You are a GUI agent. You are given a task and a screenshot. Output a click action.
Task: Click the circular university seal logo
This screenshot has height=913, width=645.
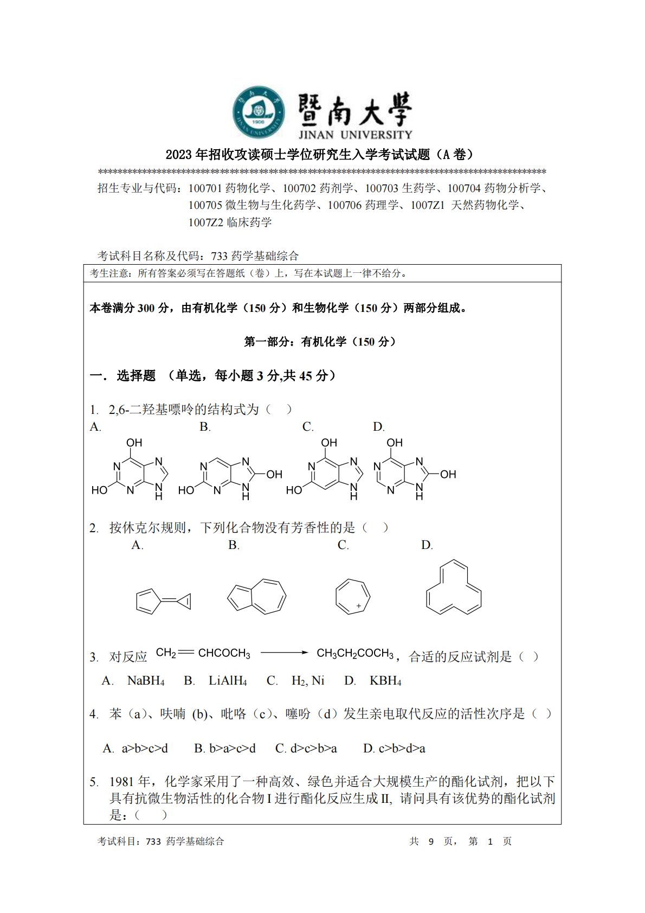[x=260, y=112]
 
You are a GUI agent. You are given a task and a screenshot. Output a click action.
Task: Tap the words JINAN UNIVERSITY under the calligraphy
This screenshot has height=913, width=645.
[x=354, y=134]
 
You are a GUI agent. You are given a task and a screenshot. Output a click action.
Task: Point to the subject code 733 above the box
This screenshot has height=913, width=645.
[x=218, y=256]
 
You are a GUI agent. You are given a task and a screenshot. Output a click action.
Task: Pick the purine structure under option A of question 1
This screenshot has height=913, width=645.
[x=130, y=470]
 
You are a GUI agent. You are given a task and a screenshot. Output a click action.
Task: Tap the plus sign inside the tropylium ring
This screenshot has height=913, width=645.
[x=359, y=605]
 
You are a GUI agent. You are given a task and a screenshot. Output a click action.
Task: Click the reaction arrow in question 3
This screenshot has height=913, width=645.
[x=284, y=653]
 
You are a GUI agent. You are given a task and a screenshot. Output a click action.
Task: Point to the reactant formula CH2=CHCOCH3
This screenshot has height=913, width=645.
[x=203, y=653]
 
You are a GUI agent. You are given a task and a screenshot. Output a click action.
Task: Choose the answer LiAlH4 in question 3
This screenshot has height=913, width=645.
[x=228, y=681]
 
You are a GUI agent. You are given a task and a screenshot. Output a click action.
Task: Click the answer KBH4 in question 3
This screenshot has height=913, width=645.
[x=385, y=681]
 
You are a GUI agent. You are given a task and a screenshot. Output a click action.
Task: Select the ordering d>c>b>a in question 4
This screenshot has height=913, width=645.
[x=313, y=749]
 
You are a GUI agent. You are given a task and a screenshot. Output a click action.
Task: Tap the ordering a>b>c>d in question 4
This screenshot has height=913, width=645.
[x=144, y=749]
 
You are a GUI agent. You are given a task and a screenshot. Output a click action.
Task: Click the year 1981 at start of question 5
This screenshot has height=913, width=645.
[x=123, y=782]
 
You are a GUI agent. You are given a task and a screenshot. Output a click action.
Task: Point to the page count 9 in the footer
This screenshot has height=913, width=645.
[x=431, y=841]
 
